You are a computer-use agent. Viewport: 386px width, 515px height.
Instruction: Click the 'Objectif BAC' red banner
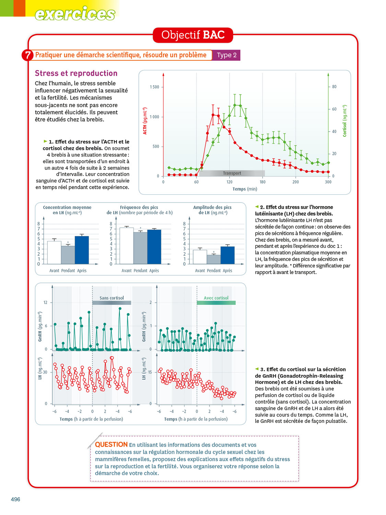click(193, 35)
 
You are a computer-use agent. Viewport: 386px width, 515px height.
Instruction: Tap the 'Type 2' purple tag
click(226, 55)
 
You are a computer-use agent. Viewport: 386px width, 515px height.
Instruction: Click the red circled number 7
click(27, 55)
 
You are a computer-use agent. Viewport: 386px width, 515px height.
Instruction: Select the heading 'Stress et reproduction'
click(76, 73)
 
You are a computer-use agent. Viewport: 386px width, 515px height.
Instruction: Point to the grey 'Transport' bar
click(232, 173)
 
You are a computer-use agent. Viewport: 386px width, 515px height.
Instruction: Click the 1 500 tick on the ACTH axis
click(154, 87)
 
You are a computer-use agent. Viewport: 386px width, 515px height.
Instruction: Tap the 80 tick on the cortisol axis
click(334, 87)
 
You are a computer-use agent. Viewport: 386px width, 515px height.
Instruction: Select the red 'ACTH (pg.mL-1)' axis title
click(145, 121)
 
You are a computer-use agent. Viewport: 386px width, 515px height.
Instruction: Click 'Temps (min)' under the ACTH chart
click(245, 189)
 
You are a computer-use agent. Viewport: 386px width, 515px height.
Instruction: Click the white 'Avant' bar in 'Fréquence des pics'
click(126, 246)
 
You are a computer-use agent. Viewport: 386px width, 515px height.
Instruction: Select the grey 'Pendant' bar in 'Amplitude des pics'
click(213, 260)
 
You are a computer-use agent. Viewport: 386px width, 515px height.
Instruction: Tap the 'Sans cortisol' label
click(112, 298)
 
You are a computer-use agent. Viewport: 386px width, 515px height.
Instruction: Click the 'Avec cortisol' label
click(216, 298)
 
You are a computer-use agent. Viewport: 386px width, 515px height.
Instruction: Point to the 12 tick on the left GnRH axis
click(45, 302)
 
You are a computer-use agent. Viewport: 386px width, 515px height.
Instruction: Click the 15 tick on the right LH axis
click(150, 372)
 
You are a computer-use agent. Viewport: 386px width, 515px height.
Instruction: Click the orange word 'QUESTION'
click(111, 445)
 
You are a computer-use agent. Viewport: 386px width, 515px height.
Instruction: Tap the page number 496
click(15, 500)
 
